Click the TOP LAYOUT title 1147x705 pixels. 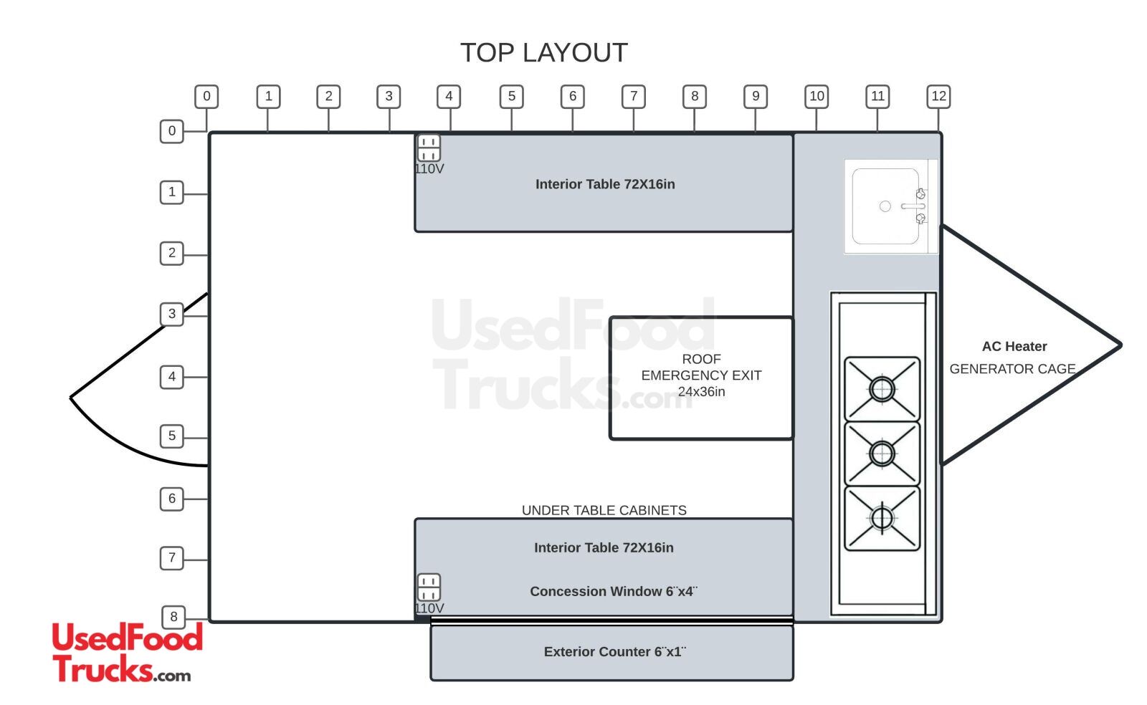[543, 53]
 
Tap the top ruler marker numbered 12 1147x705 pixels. [938, 97]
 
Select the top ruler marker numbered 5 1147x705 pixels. [511, 97]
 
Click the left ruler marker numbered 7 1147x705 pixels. [172, 558]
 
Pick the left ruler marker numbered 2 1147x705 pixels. [172, 253]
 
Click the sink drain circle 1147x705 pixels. [885, 206]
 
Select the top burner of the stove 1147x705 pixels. [882, 389]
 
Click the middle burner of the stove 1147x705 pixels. [882, 454]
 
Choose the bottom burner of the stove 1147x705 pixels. [882, 518]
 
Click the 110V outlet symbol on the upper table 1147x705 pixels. [429, 149]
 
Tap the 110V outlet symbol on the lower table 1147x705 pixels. [429, 587]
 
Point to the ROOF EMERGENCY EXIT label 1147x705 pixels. [701, 375]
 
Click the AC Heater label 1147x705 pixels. [1014, 347]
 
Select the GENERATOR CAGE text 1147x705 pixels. [1012, 369]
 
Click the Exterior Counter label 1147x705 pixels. [614, 652]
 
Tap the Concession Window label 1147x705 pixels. [613, 592]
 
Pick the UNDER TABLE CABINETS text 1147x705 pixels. [604, 510]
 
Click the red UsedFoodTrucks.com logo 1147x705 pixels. [127, 652]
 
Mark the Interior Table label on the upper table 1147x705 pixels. [605, 184]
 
